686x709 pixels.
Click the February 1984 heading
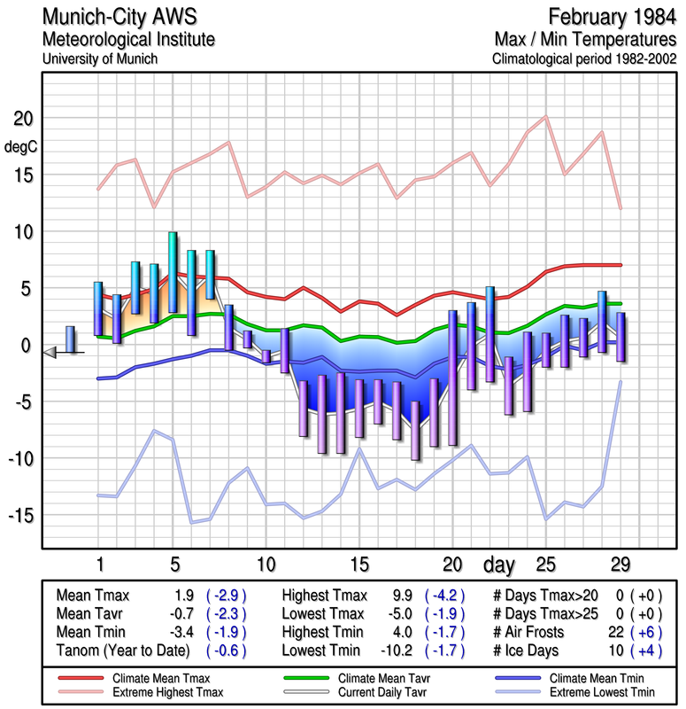pos(612,17)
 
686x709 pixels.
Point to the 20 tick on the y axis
pos(24,119)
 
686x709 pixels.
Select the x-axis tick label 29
pos(620,565)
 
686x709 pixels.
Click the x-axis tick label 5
pos(173,565)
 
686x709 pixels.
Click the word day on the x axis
pos(502,564)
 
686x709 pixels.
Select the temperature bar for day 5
pos(173,272)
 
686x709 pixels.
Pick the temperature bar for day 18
pos(415,430)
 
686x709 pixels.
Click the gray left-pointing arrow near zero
pos(50,353)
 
